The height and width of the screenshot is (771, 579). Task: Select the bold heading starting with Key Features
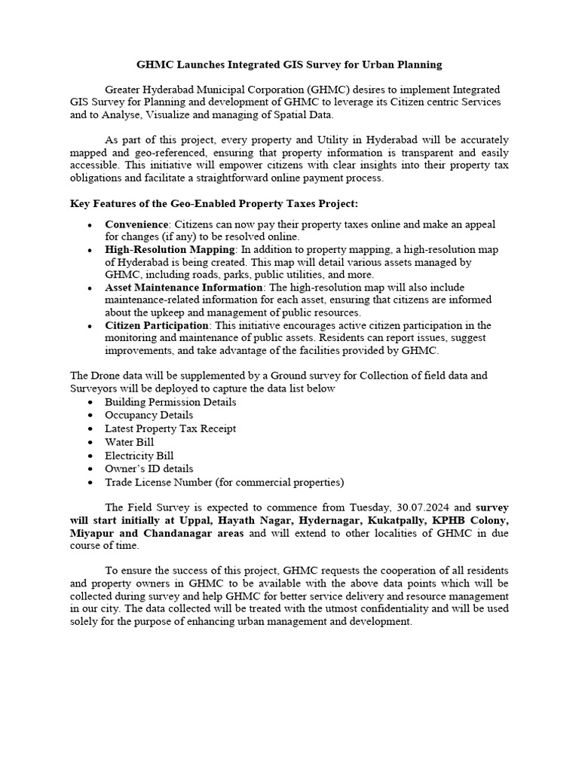pos(214,204)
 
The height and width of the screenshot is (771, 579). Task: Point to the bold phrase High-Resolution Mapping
pos(170,249)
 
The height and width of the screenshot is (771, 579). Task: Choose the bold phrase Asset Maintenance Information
pos(184,288)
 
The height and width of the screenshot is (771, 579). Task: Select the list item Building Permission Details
pos(170,402)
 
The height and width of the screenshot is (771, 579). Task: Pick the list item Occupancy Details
pos(149,415)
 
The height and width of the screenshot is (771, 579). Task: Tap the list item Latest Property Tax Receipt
pos(170,428)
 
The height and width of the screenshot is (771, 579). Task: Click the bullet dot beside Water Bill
pos(90,443)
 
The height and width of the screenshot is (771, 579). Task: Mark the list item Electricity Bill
pos(139,456)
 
